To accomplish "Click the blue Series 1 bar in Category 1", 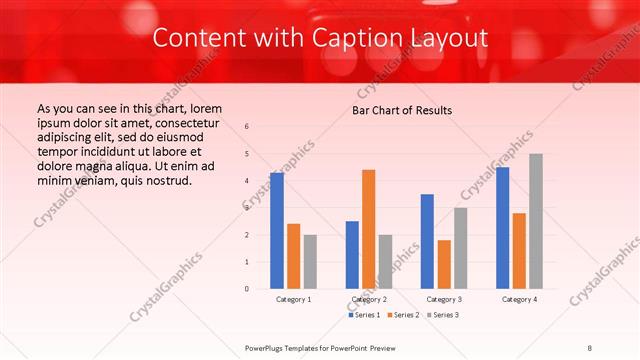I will tap(277, 231).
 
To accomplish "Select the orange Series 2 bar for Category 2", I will tap(369, 229).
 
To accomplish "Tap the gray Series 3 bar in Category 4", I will tap(536, 221).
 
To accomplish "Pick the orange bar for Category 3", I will tap(444, 264).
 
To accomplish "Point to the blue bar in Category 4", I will tap(502, 228).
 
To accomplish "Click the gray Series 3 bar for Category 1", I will tap(310, 262).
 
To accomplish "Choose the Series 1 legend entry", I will tap(365, 315).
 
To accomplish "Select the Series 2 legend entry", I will tap(404, 315).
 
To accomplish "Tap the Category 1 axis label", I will tap(293, 299).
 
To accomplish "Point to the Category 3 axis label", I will tap(443, 299).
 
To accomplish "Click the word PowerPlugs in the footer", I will tap(265, 346).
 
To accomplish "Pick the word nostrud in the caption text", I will tap(167, 180).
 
